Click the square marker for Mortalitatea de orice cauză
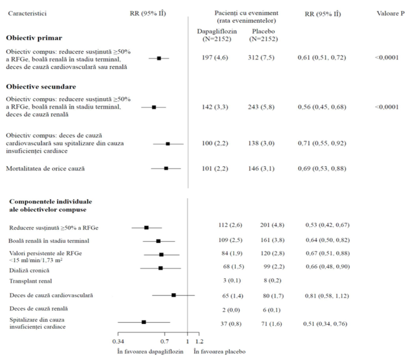166,169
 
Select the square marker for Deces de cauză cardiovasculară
173,295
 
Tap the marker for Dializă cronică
160,268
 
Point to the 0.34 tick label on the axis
118,342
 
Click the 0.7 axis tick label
165,342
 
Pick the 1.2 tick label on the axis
199,342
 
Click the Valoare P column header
391,14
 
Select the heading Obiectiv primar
34,38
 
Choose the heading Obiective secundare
41,87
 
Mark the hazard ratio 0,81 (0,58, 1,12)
327,296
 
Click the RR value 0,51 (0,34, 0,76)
325,324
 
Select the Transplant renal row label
30,281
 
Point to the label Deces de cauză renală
38,308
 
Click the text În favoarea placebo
220,352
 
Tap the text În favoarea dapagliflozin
150,352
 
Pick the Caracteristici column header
27,14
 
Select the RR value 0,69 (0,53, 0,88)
322,169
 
